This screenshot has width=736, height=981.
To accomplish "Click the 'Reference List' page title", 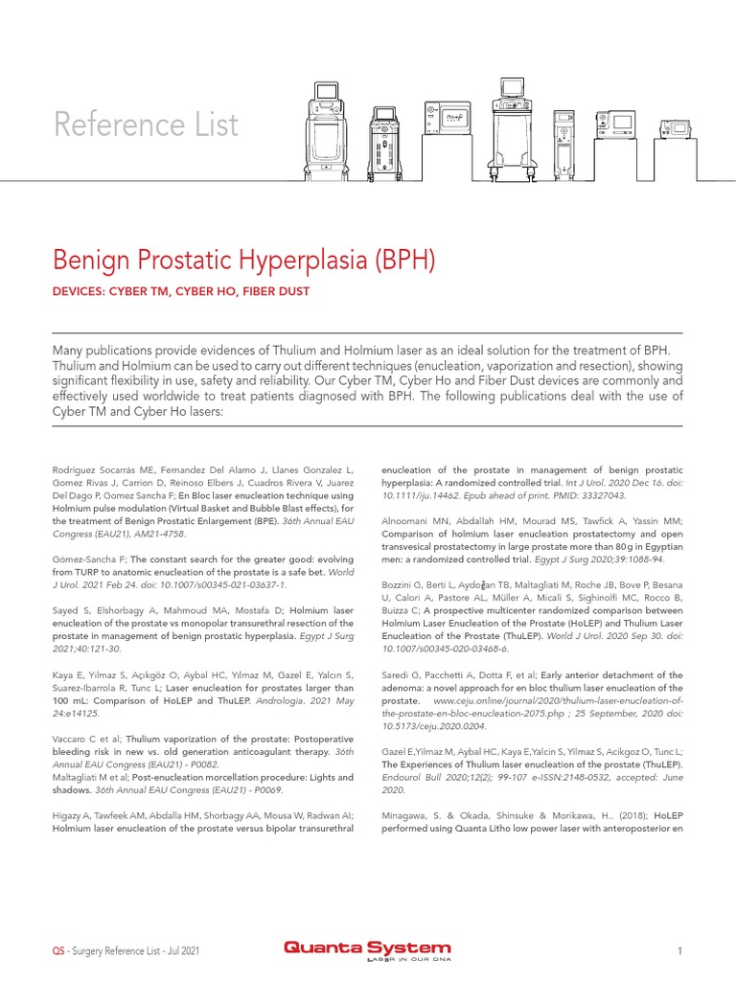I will tap(146, 125).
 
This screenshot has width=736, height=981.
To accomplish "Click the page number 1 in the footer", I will tap(678, 950).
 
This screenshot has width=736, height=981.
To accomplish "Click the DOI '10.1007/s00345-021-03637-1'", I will tap(214, 583).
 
